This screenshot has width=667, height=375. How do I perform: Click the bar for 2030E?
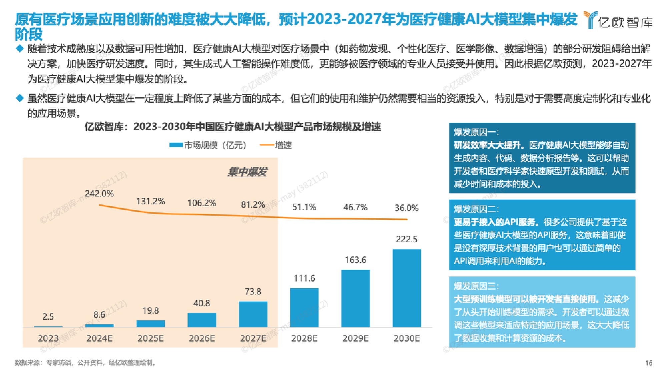coord(407,288)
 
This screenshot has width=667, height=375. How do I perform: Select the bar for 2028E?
coord(304,307)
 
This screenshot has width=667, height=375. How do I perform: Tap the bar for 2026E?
coord(202,320)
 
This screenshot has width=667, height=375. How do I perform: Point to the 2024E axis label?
coord(99,338)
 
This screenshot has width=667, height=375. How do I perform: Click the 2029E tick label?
coord(356,338)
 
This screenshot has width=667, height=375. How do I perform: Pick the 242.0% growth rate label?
coord(99,193)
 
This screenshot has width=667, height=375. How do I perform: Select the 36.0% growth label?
coord(407,208)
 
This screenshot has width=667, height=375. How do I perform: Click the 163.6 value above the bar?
coord(356,260)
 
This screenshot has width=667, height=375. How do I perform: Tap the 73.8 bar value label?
coord(253,292)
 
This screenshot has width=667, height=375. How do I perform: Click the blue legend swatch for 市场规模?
coord(176,145)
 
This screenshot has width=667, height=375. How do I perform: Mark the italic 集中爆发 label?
coord(247,172)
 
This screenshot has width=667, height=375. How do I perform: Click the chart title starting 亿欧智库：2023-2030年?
coord(232,127)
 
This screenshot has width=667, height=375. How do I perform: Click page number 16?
coord(649,363)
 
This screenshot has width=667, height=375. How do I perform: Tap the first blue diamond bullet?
coord(20,49)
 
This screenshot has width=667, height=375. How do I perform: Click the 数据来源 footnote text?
coord(85,363)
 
